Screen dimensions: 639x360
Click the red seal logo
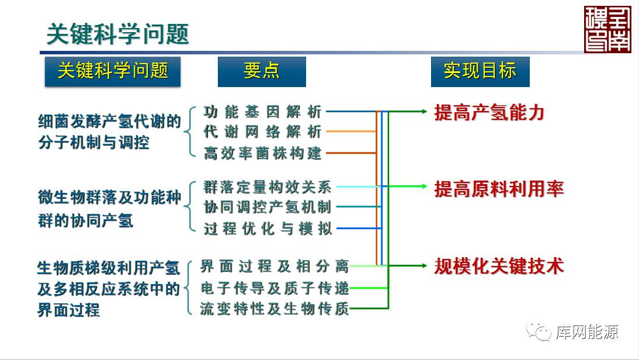click(607, 29)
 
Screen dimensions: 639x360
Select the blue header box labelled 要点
click(262, 71)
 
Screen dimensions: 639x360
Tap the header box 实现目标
click(480, 71)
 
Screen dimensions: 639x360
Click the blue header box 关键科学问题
click(113, 71)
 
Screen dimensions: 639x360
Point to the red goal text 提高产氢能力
click(489, 112)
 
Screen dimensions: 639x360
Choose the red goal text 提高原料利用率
click(499, 189)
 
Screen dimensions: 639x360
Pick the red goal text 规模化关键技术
click(499, 266)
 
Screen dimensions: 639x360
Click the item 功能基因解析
click(262, 111)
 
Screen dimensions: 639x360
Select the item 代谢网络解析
click(262, 131)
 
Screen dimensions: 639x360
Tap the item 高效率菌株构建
click(262, 153)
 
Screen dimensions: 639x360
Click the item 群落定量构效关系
click(268, 187)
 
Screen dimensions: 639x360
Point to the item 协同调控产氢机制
click(268, 207)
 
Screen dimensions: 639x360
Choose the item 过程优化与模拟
click(268, 229)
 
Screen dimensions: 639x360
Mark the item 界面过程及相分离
click(274, 266)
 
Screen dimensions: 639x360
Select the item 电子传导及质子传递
click(274, 288)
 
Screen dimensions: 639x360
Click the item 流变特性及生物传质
click(274, 309)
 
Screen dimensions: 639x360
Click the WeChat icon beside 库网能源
click(539, 332)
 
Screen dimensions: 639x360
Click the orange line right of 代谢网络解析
click(350, 131)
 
